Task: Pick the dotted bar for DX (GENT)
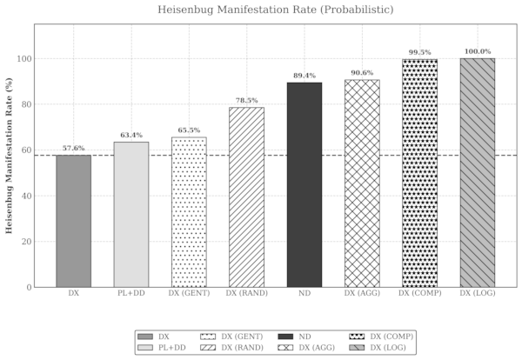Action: pos(189,212)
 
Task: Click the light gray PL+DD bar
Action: pos(131,214)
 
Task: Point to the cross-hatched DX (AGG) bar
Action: pos(361,183)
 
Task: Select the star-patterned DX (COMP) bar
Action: pos(419,173)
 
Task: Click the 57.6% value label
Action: pos(73,149)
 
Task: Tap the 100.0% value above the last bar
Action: pos(477,52)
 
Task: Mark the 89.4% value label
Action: pos(304,76)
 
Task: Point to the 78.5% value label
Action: pos(246,101)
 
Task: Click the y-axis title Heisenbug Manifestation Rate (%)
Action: pos(9,157)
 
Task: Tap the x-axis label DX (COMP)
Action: pos(419,295)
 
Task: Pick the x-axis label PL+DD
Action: pos(131,295)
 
